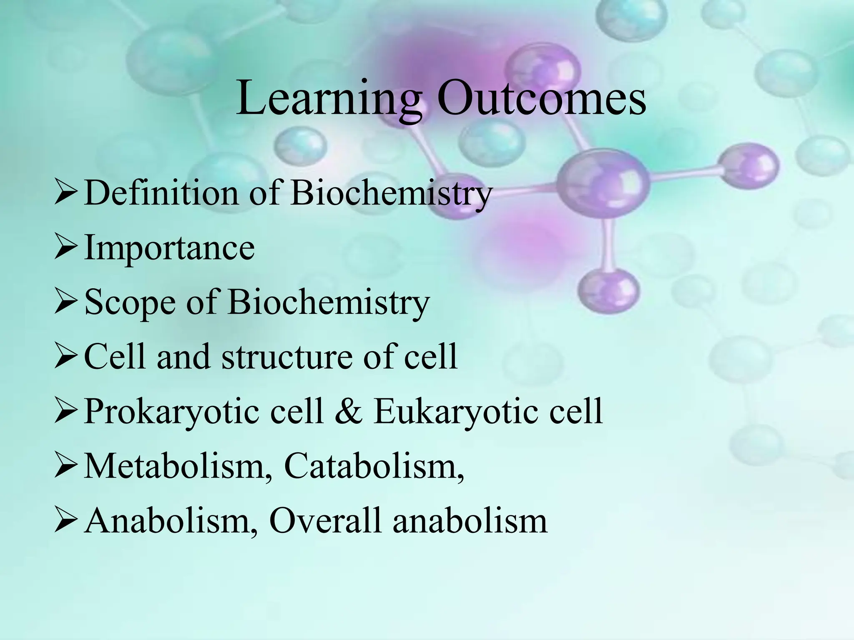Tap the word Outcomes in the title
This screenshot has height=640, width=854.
(541, 99)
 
